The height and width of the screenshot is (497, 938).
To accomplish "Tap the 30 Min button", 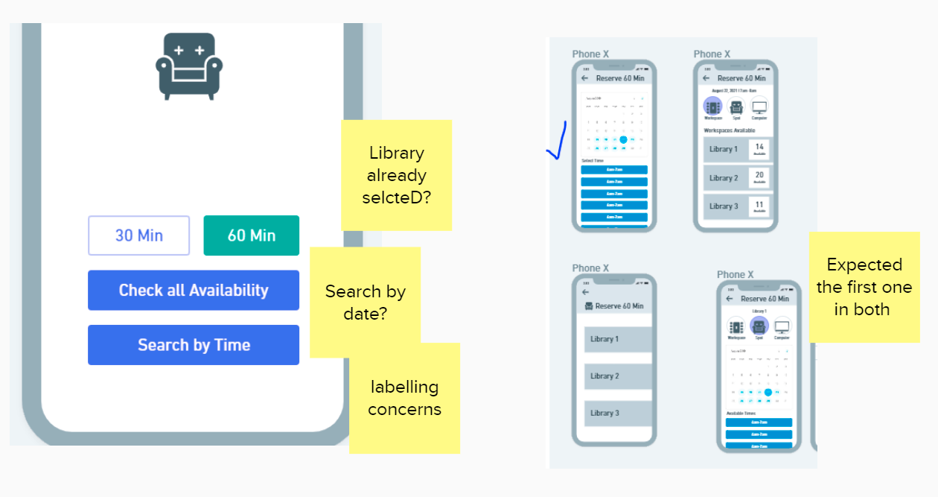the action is pos(139,235).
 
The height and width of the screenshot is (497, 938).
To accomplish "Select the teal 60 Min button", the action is pos(252,235).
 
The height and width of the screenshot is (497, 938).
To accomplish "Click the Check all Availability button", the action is pos(194,290).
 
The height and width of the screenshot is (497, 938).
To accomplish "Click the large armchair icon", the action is pos(186,66).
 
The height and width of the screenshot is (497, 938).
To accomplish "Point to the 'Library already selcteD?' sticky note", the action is pos(396,175).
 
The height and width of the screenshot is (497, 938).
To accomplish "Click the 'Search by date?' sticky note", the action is pos(365,302).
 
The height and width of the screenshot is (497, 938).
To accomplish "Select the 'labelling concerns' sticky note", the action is pos(404,398).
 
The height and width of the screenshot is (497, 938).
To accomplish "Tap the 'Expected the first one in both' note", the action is pos(864,287).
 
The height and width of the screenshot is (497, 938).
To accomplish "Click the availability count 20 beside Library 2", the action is pos(759,177).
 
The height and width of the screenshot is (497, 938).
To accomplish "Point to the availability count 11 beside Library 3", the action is pos(759,206).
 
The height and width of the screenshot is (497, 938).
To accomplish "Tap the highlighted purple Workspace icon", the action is pos(712,107).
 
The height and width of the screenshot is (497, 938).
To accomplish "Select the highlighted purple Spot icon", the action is pos(759,326).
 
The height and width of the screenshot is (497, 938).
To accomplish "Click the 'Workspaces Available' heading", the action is pos(730,130).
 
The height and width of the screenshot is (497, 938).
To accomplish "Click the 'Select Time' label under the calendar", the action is pos(593,161).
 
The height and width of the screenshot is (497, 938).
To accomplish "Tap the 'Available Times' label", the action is pos(740,413).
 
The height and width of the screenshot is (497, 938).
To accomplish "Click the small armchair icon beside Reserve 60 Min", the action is pos(589,306).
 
